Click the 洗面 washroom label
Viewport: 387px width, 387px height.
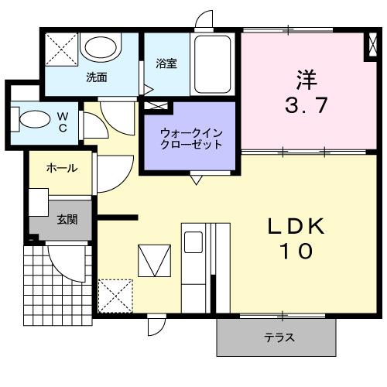coord(96,77)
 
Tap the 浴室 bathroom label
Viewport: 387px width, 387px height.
coord(166,64)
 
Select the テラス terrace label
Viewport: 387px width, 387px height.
coord(279,337)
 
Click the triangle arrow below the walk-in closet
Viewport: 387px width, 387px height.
coord(195,180)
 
